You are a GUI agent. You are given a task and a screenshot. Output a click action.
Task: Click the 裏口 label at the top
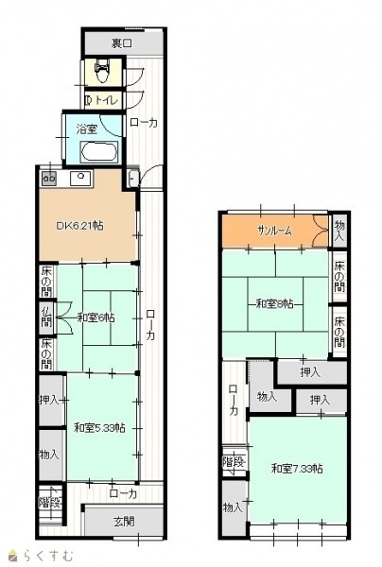coord(122,43)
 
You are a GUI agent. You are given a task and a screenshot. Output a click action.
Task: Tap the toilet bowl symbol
coord(103,71)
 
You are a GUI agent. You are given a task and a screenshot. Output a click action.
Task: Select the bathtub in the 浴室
coord(99,152)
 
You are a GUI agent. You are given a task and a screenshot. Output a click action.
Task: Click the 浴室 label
coord(87,129)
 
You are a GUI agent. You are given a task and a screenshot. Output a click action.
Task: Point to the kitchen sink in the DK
coord(81,178)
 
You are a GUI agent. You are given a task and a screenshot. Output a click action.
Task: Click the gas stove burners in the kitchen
coord(49,179)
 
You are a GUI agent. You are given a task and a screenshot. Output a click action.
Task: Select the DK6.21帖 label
coord(79,226)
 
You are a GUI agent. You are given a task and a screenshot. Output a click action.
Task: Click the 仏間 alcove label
coord(46,317)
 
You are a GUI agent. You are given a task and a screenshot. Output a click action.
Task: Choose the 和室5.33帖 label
coord(99,428)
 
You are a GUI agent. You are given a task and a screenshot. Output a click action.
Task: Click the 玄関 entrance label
coord(124,522)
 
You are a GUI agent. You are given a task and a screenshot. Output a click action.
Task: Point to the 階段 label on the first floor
coord(51,503)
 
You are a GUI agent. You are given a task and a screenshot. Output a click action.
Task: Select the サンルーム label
coord(274,231)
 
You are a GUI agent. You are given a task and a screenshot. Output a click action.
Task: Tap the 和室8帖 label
coord(275,304)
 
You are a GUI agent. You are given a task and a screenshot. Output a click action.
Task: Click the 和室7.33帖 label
coord(297,469)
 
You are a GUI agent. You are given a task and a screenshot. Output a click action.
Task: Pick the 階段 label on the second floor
coord(234,462)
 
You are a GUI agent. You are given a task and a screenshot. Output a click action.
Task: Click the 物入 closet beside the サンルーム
coord(339,231)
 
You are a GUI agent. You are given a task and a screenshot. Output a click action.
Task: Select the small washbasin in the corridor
coord(133,179)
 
